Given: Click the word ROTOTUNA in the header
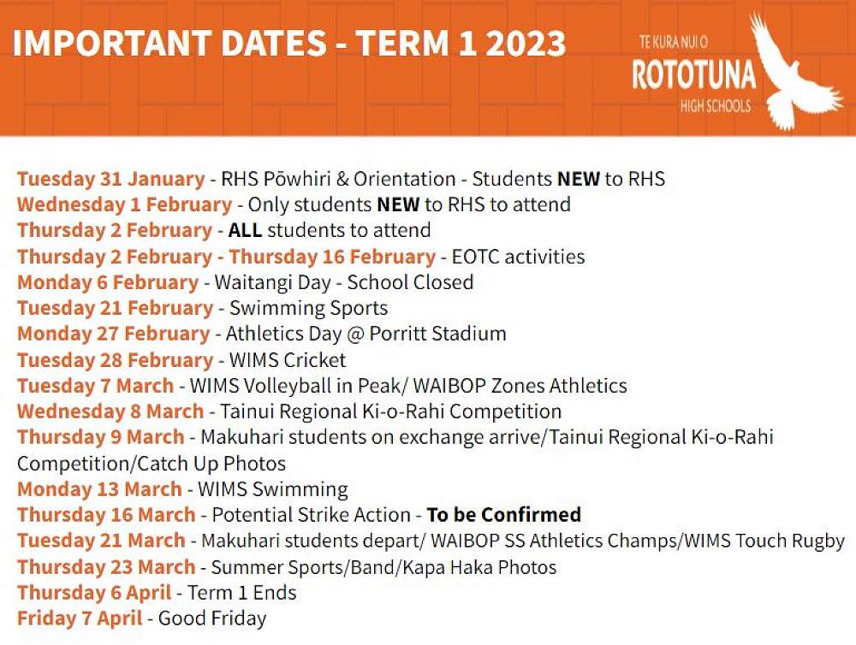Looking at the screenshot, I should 693,75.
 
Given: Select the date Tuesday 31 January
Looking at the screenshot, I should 110,180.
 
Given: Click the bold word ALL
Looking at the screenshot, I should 245,231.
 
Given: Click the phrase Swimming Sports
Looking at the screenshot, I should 306,308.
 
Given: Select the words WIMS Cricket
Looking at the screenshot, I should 285,360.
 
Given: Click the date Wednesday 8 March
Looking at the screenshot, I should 110,411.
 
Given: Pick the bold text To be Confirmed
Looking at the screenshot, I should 504,515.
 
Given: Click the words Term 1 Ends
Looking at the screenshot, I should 242,593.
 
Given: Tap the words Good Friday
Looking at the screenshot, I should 212,618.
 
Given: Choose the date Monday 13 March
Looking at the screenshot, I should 99,489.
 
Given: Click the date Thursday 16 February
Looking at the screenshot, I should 332,257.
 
